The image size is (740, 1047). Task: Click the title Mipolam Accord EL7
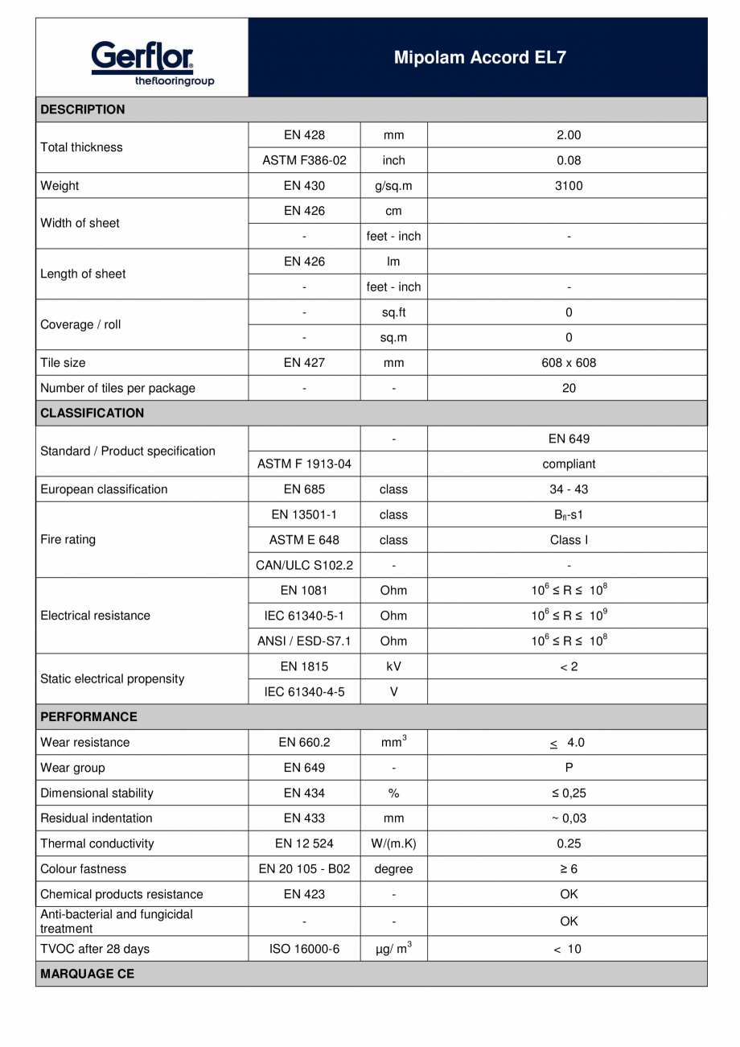[x=479, y=58]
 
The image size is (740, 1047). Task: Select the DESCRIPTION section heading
[x=83, y=109]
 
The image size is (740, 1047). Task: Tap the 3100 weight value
[x=569, y=186]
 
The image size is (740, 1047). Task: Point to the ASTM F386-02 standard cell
[x=304, y=160]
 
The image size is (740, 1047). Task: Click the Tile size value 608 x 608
[x=569, y=363]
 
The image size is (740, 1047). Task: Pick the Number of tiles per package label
[x=117, y=388]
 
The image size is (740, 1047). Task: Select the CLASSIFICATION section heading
[x=92, y=413]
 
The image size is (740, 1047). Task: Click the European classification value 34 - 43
[x=569, y=489]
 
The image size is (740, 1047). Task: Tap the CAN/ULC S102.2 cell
[x=304, y=565]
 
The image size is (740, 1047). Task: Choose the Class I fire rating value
[x=569, y=540]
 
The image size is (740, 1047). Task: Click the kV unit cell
[x=393, y=666]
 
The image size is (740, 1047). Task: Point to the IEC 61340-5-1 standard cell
[x=304, y=616]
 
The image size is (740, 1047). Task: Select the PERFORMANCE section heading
[x=88, y=716]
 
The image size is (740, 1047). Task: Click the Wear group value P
[x=569, y=768]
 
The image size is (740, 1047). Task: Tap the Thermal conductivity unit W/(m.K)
[x=393, y=843]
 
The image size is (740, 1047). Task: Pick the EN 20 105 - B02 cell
[x=304, y=869]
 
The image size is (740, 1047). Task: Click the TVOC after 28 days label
[x=95, y=949]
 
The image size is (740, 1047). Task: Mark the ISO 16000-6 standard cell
[x=304, y=949]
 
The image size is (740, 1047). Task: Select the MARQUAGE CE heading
[x=88, y=974]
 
